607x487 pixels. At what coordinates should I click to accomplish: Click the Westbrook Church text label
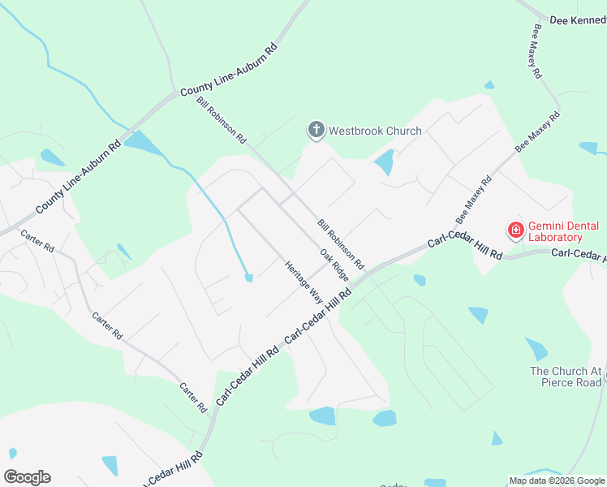pos(375,131)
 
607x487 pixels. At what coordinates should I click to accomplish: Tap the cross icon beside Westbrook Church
pos(316,130)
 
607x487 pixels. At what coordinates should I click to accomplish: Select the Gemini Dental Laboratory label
pos(555,231)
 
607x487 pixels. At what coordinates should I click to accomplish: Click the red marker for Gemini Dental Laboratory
pos(515,231)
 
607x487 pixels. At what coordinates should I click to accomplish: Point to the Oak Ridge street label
pos(334,265)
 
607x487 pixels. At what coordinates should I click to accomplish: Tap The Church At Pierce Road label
pos(566,377)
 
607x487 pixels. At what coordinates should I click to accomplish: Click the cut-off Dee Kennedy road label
pos(578,19)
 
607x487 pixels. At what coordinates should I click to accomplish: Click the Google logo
pos(27,476)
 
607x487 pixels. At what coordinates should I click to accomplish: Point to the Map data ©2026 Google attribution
pos(557,481)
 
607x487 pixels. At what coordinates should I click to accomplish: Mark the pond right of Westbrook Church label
pos(385,162)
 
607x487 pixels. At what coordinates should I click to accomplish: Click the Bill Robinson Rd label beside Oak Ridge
pos(341,244)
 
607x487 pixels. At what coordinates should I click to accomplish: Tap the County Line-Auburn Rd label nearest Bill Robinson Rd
pos(229,71)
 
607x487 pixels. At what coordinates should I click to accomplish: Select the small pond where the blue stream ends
pos(249,278)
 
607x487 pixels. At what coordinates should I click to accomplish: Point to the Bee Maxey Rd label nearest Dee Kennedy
pos(536,50)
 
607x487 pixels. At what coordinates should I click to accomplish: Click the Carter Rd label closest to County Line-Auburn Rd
pos(37,241)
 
